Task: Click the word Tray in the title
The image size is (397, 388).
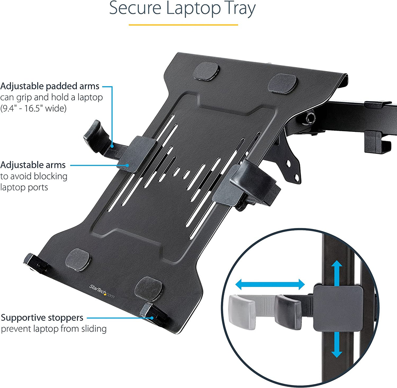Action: (x=241, y=9)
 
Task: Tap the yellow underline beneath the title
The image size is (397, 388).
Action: (x=183, y=25)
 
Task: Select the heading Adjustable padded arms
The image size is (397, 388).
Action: (x=50, y=86)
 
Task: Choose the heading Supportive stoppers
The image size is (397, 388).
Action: (x=42, y=317)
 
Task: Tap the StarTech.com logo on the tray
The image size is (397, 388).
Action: (x=102, y=291)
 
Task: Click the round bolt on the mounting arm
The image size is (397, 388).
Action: (x=308, y=118)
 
